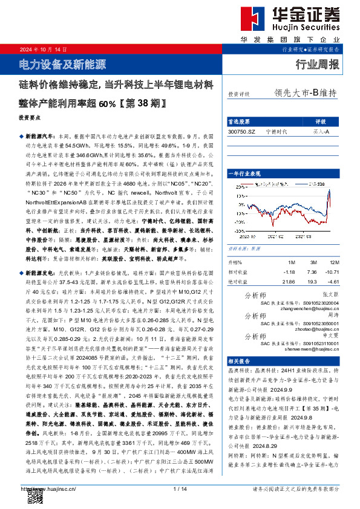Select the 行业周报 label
tap(317, 64)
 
